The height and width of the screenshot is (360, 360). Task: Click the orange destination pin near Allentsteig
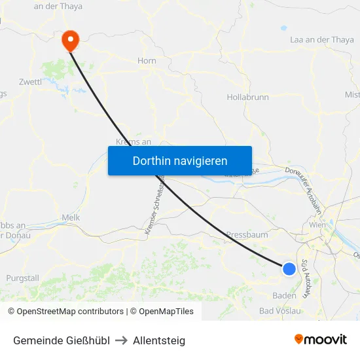click(69, 41)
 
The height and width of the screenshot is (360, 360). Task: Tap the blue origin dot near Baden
click(289, 268)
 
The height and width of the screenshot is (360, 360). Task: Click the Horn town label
click(147, 61)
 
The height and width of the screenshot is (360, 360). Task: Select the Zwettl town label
click(31, 82)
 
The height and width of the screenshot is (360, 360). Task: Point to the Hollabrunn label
click(247, 98)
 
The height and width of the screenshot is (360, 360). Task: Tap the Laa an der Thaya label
click(321, 40)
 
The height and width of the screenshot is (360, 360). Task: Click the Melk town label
click(70, 217)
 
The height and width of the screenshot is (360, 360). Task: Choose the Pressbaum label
click(247, 234)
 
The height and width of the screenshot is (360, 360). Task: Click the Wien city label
click(317, 225)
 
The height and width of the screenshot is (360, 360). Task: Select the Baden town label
click(284, 295)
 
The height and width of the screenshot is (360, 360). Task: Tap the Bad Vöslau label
click(280, 311)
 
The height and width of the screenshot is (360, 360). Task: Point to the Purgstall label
click(23, 278)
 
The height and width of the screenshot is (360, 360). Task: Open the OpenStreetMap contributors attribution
click(65, 312)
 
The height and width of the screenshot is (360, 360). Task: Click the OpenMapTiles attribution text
click(164, 312)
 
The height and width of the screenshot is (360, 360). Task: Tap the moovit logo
click(320, 339)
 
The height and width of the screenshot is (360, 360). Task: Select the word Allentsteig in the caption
click(159, 340)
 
